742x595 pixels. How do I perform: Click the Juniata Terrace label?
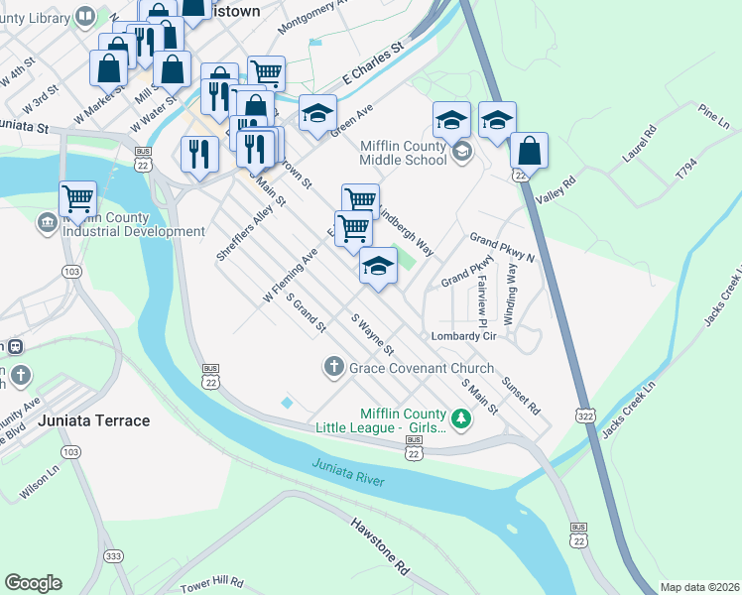93,420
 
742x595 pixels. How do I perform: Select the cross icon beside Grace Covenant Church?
333,368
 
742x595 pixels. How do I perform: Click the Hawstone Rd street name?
380,546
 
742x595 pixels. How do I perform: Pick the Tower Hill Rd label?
213,581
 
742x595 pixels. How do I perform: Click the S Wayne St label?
374,335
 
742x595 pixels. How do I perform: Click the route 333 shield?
114,556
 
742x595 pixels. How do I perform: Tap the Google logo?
33,583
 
